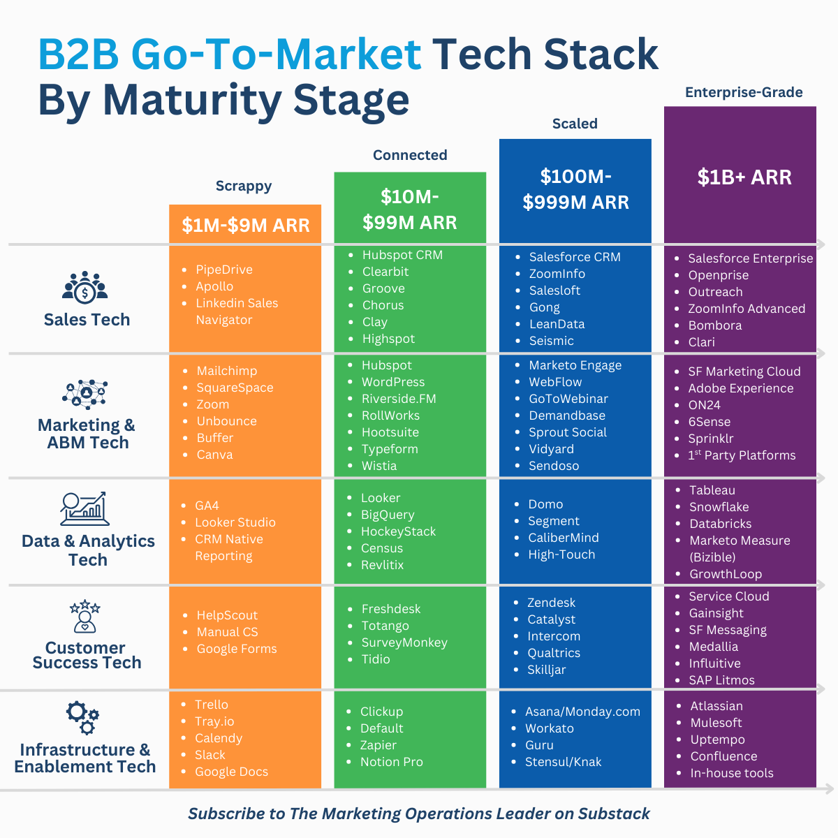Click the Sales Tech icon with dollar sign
point(85,287)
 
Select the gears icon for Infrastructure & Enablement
point(83,718)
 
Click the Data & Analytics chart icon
point(84,508)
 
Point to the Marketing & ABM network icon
point(84,395)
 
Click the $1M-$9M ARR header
point(245,226)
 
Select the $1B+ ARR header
point(744,177)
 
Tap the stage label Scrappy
point(244,186)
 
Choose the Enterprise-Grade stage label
point(744,92)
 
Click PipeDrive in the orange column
point(224,270)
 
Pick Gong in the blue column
point(545,307)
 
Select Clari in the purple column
point(702,342)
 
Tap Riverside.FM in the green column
point(399,399)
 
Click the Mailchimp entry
point(227,371)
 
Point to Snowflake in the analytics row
point(719,507)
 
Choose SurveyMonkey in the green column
point(404,642)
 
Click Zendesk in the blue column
point(552,603)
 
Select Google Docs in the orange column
point(232,772)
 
